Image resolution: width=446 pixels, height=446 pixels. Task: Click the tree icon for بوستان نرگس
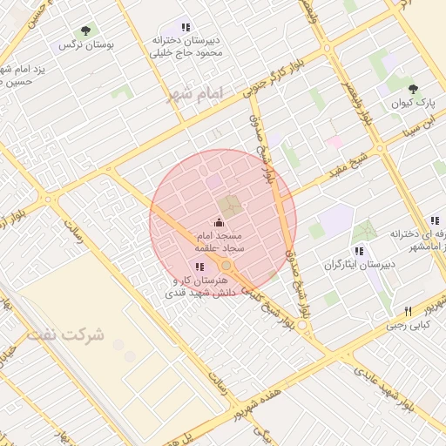84,30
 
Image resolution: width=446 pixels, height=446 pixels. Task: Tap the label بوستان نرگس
79,44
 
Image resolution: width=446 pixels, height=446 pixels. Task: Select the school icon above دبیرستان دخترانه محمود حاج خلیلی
186,27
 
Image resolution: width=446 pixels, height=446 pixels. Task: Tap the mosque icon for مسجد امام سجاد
218,222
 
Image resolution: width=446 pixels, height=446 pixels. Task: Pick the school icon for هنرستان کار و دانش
200,267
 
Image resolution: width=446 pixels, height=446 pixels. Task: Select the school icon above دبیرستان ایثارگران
359,251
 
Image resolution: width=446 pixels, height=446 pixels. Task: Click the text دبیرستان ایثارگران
360,264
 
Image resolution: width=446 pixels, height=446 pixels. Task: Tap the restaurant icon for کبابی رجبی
408,311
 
